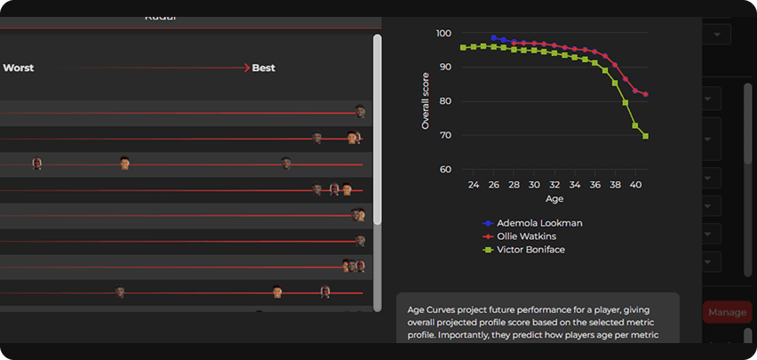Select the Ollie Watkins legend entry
(532, 236)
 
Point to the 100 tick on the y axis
(444, 33)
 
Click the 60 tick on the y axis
(445, 170)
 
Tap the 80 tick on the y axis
(445, 101)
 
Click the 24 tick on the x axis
(474, 185)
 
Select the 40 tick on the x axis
(635, 185)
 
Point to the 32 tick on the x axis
(554, 185)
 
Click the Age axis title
(554, 199)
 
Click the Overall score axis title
(426, 101)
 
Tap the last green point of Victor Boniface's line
(646, 136)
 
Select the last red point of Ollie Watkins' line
(646, 94)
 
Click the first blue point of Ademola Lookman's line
(494, 38)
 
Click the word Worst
(19, 67)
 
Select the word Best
(264, 67)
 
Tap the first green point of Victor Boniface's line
(464, 47)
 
